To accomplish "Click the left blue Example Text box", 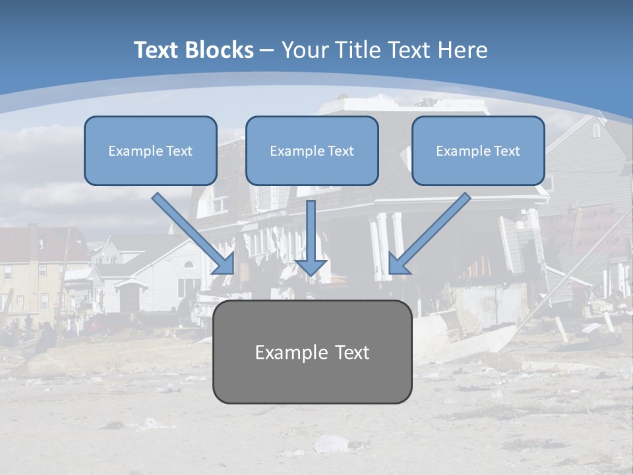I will coord(150,150).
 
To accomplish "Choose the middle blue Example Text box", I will coord(312,150).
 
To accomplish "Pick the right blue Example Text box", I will coord(478,150).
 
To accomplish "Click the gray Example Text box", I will coord(312,352).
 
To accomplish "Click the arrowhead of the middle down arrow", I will coord(311,267).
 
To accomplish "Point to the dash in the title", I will coord(267,50).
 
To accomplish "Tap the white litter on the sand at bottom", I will coord(330,443).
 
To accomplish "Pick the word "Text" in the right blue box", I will coord(506,151).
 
